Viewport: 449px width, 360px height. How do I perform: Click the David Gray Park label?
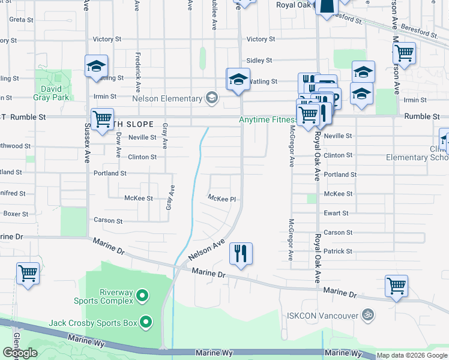(52, 92)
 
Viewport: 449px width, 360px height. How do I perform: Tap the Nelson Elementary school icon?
(211, 98)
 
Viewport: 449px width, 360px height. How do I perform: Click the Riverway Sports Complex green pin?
(142, 295)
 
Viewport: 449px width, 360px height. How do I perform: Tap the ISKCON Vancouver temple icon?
(369, 314)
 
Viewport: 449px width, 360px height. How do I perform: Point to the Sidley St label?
(259, 61)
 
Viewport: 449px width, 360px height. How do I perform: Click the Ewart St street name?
(336, 213)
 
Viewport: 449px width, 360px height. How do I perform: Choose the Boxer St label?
(16, 214)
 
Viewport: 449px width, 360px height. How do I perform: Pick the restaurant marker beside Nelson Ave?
(241, 253)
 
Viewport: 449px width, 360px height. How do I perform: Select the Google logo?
(20, 353)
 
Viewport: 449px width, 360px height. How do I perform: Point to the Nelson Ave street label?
(205, 250)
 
